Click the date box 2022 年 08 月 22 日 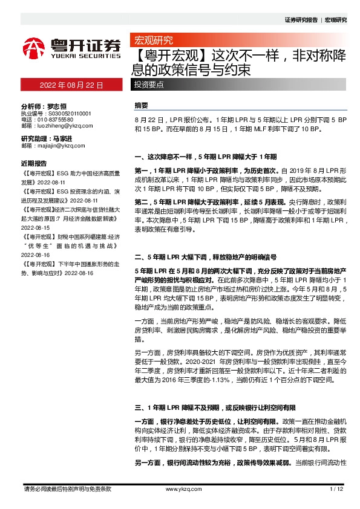[71, 86]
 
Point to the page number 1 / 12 [336, 488]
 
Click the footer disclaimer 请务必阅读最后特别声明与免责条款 [67, 488]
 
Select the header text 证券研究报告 [301, 20]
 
